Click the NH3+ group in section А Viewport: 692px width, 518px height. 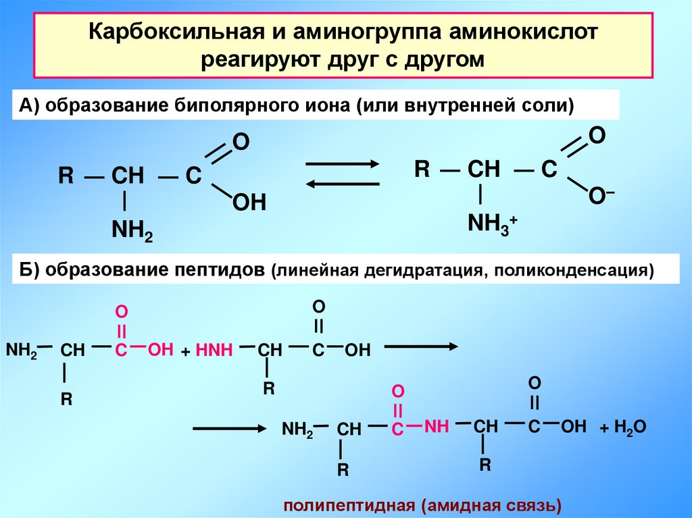493,223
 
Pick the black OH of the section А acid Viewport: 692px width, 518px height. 249,202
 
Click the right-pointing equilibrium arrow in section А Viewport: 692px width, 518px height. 342,165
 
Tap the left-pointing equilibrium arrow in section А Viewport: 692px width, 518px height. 342,183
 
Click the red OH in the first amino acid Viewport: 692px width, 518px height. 161,349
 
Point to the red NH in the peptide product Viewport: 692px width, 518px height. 437,426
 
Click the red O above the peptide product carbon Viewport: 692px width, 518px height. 398,392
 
